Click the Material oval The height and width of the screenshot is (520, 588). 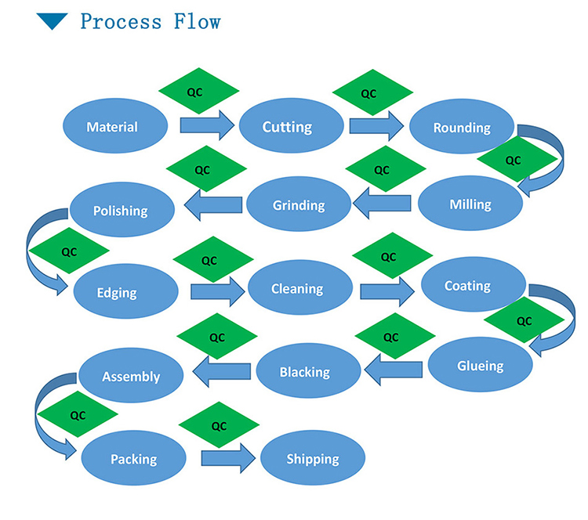coord(114,127)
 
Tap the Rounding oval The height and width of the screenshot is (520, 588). coord(462,127)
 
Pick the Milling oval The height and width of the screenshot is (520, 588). coord(470,205)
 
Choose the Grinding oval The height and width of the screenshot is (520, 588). coord(298,205)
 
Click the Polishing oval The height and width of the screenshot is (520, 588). coord(120,210)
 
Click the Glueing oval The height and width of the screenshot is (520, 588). coord(480,366)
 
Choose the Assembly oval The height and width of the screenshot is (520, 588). coord(130,376)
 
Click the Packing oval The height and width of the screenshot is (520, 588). coord(133,459)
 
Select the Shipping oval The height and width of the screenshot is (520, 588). coord(313,458)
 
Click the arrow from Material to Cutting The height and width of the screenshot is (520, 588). coord(207,125)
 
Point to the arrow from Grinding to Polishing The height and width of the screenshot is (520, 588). coord(212,205)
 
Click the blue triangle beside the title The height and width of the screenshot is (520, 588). coord(53,21)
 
